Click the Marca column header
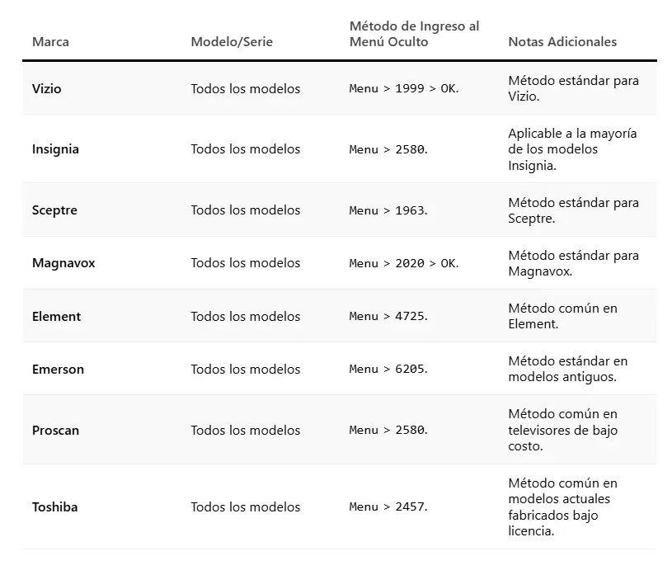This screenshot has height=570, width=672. pyautogui.click(x=50, y=42)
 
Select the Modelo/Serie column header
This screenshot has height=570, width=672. pyautogui.click(x=232, y=42)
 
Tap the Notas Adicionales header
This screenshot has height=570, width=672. pyautogui.click(x=562, y=42)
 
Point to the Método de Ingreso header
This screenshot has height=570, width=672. pyautogui.click(x=414, y=35)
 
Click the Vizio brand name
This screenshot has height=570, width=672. pyautogui.click(x=47, y=89)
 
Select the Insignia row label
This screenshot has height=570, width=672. pyautogui.click(x=55, y=149)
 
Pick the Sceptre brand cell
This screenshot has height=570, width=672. pyautogui.click(x=54, y=210)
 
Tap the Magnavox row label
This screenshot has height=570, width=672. pyautogui.click(x=63, y=263)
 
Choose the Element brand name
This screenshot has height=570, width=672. pyautogui.click(x=56, y=317)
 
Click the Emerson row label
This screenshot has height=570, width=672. pyautogui.click(x=58, y=369)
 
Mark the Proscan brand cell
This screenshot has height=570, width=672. pyautogui.click(x=55, y=430)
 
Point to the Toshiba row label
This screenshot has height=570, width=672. pyautogui.click(x=54, y=507)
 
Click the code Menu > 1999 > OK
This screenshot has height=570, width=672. pyautogui.click(x=403, y=89)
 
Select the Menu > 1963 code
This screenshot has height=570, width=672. pyautogui.click(x=388, y=210)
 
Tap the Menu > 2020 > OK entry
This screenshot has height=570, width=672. pyautogui.click(x=403, y=263)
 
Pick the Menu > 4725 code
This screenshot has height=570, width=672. pyautogui.click(x=388, y=317)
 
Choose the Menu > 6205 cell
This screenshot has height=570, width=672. pyautogui.click(x=388, y=369)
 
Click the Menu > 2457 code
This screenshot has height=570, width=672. pyautogui.click(x=388, y=507)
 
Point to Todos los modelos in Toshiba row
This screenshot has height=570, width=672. pyautogui.click(x=245, y=507)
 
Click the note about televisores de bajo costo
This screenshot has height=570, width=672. pyautogui.click(x=563, y=430)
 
